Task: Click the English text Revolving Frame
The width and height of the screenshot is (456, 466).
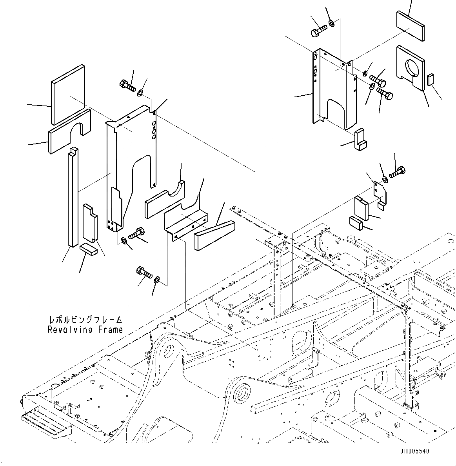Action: coord(85,330)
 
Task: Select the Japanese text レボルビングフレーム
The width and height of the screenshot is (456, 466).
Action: coord(85,320)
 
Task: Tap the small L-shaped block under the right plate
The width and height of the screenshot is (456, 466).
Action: coord(360,140)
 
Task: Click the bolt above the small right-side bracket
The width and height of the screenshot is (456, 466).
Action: coord(397,172)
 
